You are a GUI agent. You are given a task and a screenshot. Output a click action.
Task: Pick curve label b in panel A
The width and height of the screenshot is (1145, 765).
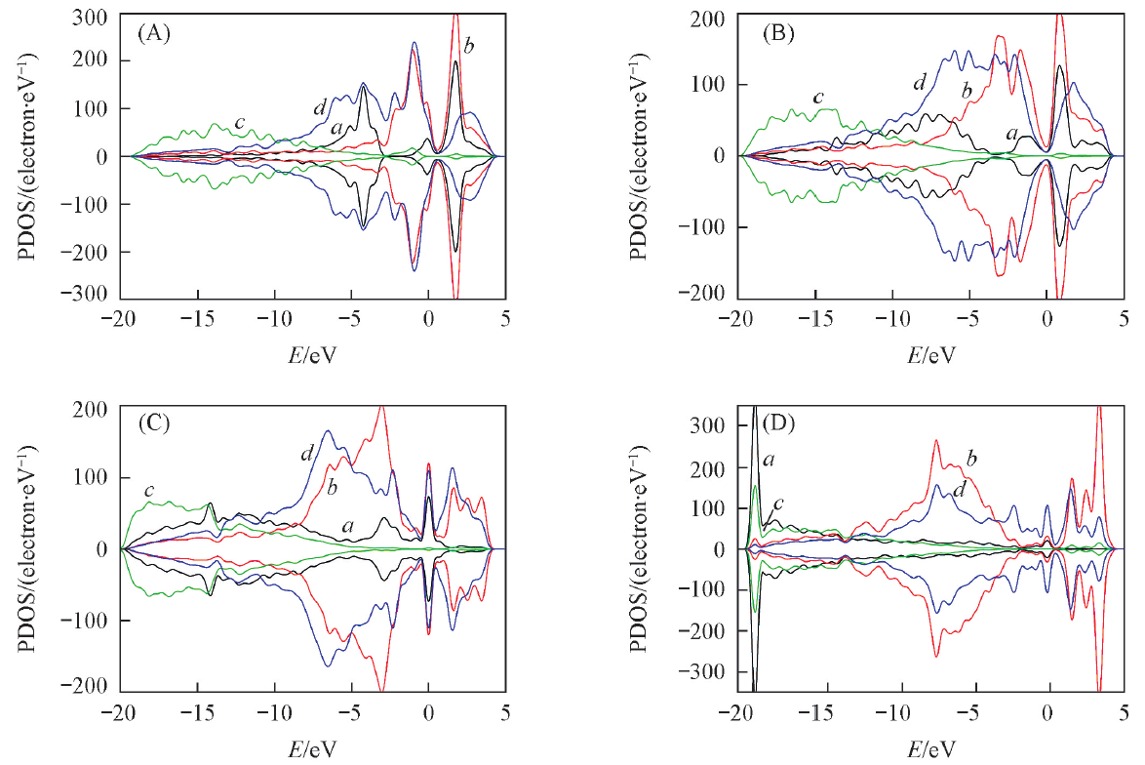(x=469, y=43)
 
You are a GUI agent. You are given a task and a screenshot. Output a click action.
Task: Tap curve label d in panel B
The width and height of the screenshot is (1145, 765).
(x=919, y=82)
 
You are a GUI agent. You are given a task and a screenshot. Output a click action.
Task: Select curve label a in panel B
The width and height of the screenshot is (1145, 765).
(x=1011, y=133)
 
